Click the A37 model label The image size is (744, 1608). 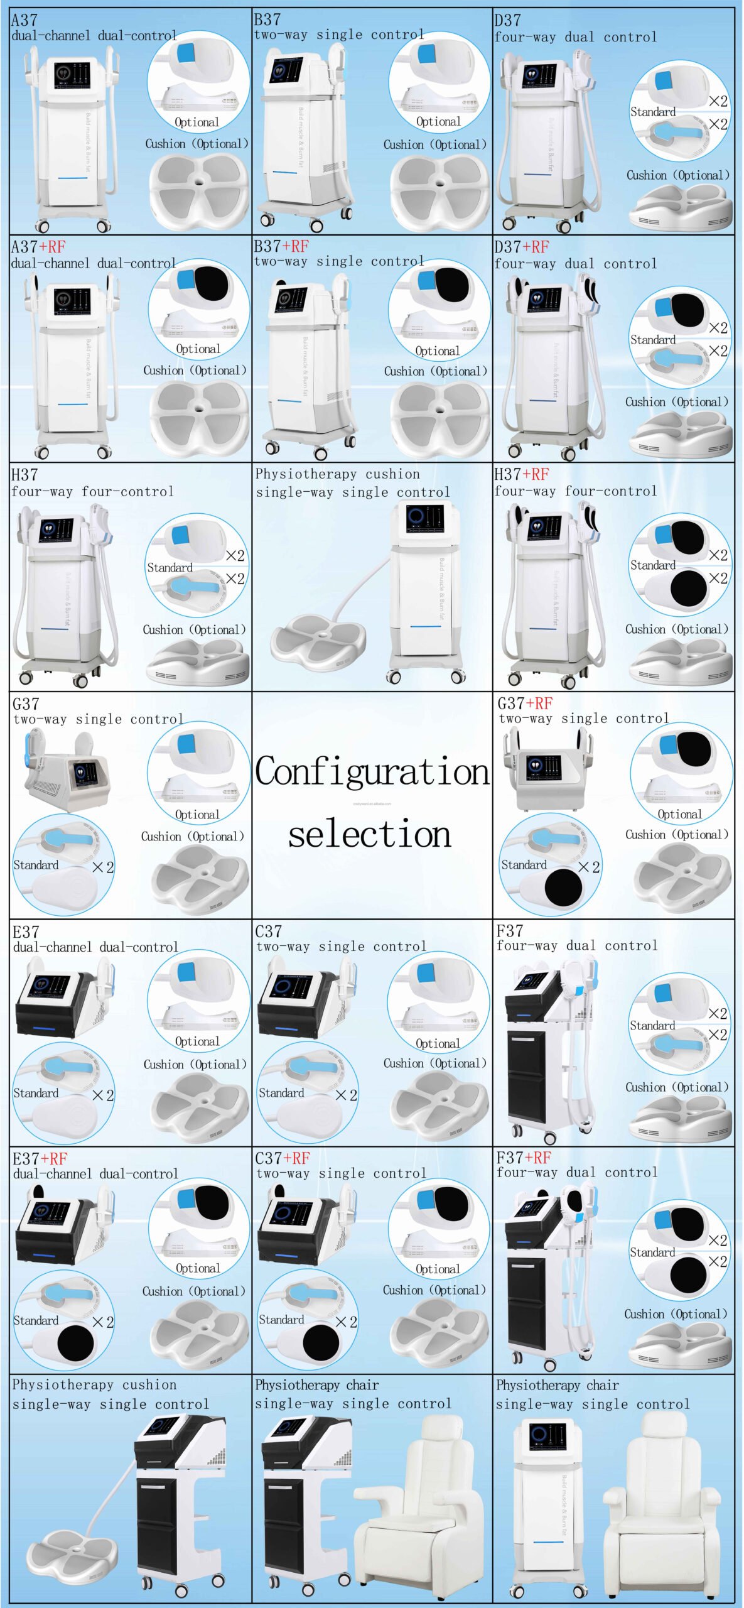coord(24,20)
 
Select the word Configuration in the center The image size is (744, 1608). coord(372,771)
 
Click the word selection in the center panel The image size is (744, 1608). coord(370,834)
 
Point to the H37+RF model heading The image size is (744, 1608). coord(521,474)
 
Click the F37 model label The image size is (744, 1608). coord(509,931)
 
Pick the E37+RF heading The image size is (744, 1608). coord(40,1159)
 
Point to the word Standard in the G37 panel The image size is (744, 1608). coord(36,866)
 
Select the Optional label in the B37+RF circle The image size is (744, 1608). coord(437,351)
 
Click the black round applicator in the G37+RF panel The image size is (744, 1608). coord(563,887)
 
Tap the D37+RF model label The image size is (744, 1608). coord(521,247)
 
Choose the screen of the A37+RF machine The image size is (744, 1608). coord(72,302)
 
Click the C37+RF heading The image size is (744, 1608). coord(283,1158)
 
